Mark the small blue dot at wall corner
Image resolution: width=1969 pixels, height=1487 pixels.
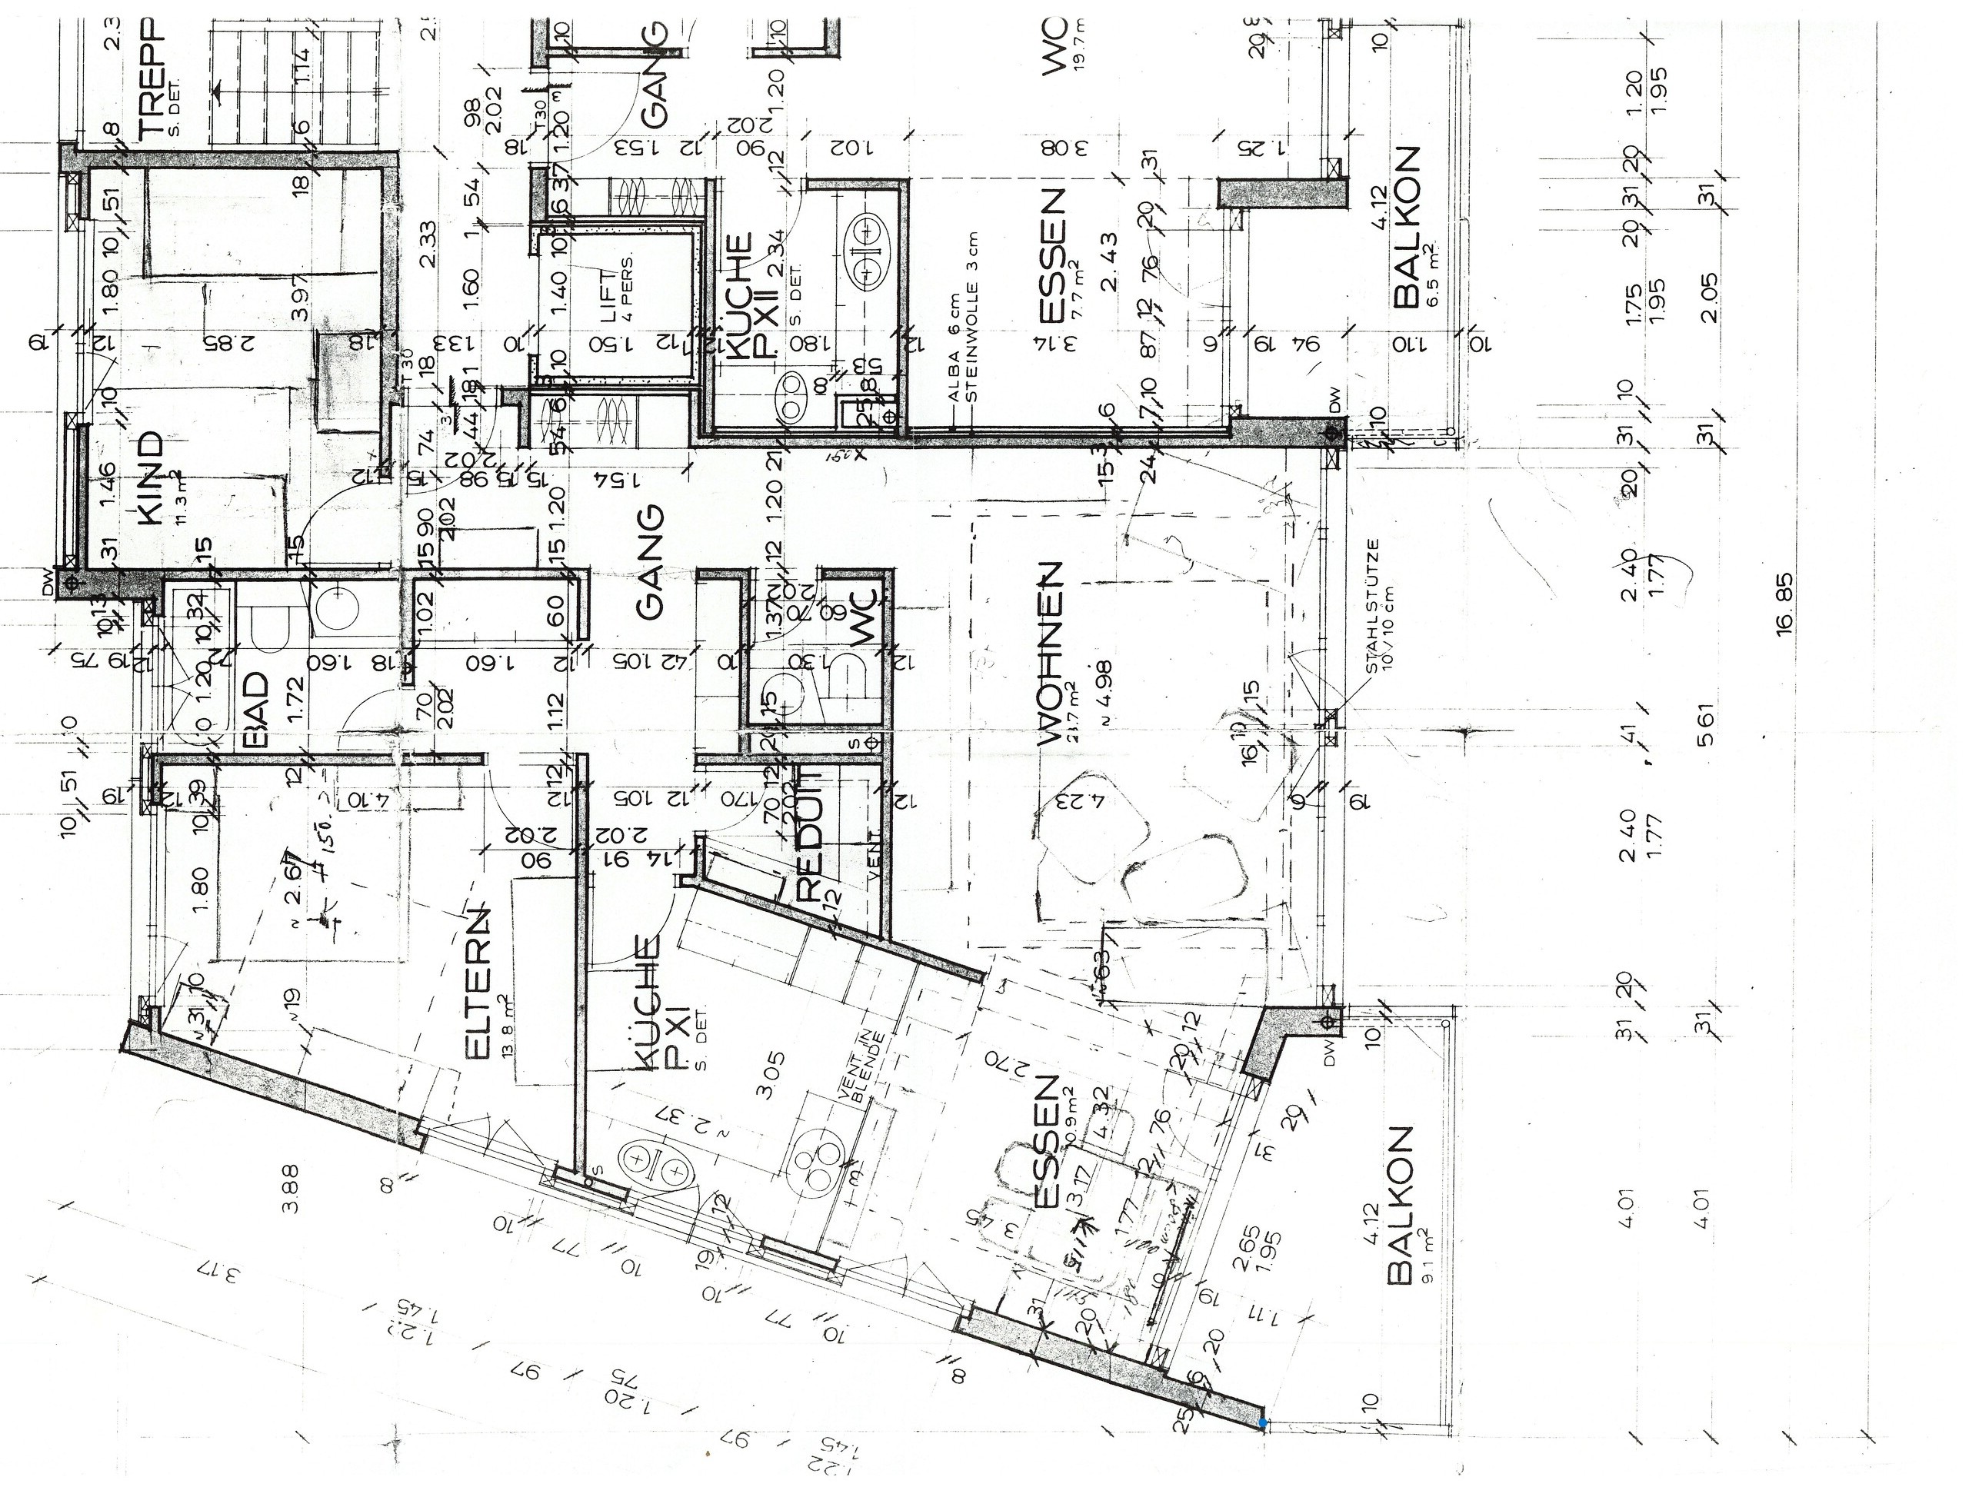point(1262,1424)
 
